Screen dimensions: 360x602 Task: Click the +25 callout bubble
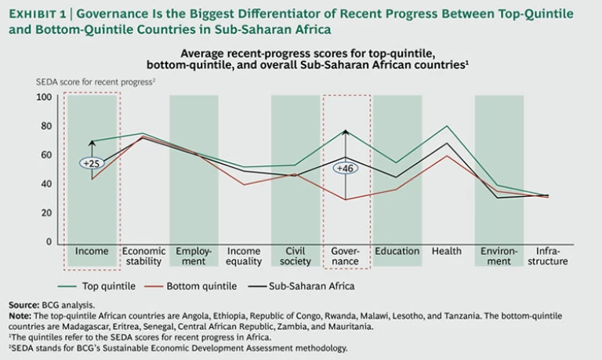point(92,163)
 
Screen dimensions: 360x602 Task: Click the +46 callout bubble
point(346,168)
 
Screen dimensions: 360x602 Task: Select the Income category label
point(92,252)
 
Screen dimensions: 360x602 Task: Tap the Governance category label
point(346,256)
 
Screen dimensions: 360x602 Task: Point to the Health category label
point(447,252)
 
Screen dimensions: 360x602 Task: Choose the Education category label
point(397,252)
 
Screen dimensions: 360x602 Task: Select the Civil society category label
point(295,256)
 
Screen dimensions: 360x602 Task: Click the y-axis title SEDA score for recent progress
point(94,82)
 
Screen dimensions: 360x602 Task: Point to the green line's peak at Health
point(447,126)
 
